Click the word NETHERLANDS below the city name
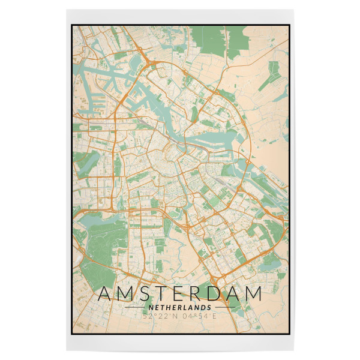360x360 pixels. [x=179, y=307]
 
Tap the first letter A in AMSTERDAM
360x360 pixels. [x=106, y=294]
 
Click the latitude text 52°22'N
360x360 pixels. [x=161, y=316]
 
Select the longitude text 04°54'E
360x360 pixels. [x=199, y=316]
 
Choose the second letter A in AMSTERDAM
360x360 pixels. [x=236, y=294]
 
